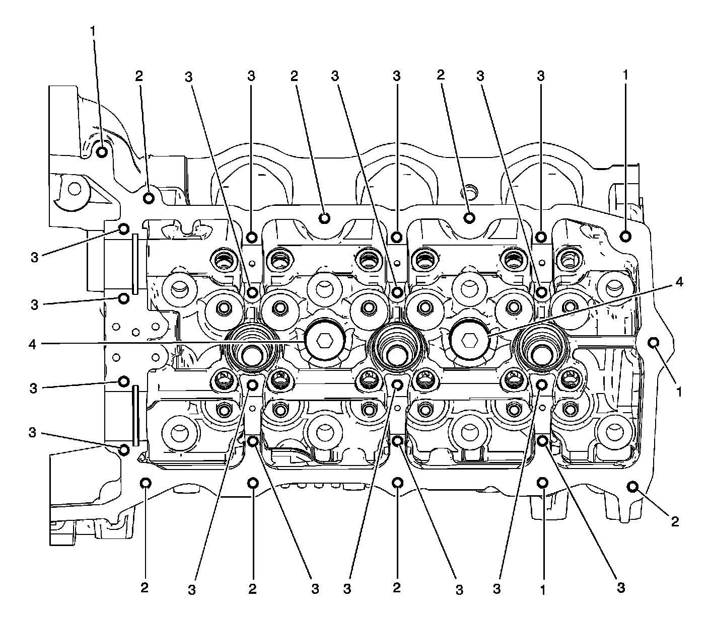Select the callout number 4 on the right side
pyautogui.click(x=679, y=283)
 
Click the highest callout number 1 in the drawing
pyautogui.click(x=92, y=31)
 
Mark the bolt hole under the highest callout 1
pyautogui.click(x=101, y=152)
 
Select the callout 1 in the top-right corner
pyautogui.click(x=625, y=76)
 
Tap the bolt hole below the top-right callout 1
pyautogui.click(x=625, y=236)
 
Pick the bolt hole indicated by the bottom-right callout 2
pyautogui.click(x=632, y=486)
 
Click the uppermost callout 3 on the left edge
pyautogui.click(x=34, y=257)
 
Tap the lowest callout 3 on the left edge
pyautogui.click(x=33, y=433)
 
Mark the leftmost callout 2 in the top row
pyautogui.click(x=139, y=76)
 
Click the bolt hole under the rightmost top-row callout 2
pyautogui.click(x=469, y=217)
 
